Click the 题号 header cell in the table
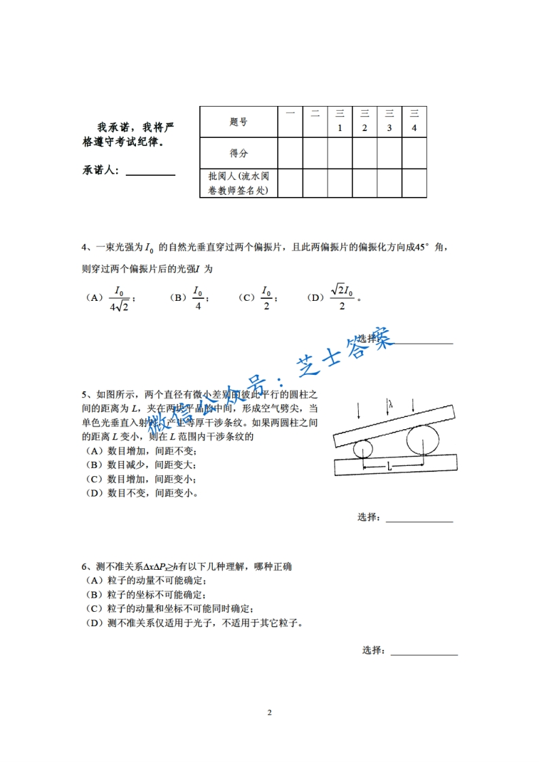tap(239, 122)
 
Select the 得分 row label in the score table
tap(239, 153)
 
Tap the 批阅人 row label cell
tap(239, 183)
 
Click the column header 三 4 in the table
tap(414, 122)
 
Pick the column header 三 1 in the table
tap(339, 122)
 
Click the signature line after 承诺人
tap(150, 174)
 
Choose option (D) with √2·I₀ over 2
tap(341, 297)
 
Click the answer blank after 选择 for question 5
tap(419, 521)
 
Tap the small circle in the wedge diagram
tap(362, 449)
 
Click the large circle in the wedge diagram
tap(423, 440)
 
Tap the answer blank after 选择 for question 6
tap(424, 654)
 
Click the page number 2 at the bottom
tap(270, 712)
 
